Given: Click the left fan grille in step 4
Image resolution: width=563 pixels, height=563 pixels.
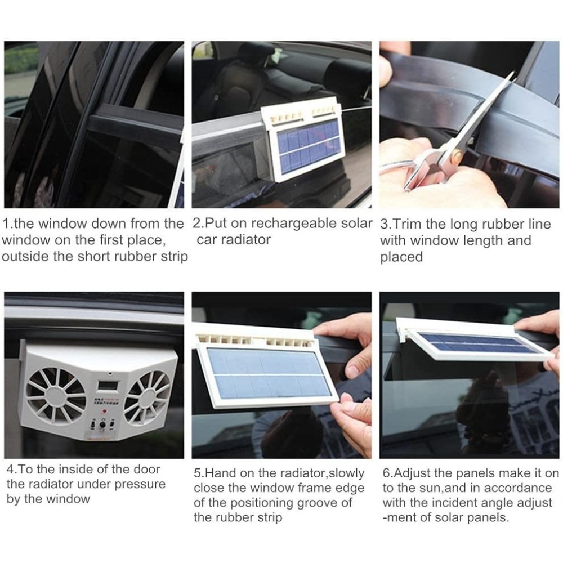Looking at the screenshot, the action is pos(55,395).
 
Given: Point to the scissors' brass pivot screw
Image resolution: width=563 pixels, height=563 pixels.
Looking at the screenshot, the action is pos(458,155).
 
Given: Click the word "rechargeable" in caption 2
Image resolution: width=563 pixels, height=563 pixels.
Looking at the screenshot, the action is pos(294,224).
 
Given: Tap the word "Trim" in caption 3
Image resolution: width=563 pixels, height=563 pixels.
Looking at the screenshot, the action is pos(406,224).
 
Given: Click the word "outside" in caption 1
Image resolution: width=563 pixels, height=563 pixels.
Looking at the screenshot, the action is pos(25,257).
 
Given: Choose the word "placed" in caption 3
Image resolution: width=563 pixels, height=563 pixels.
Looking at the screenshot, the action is pos(401,257).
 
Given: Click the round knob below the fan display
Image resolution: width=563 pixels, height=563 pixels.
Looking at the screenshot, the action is pos(102,425).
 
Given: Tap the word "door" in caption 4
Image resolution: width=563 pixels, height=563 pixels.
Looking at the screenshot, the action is pos(146,470).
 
